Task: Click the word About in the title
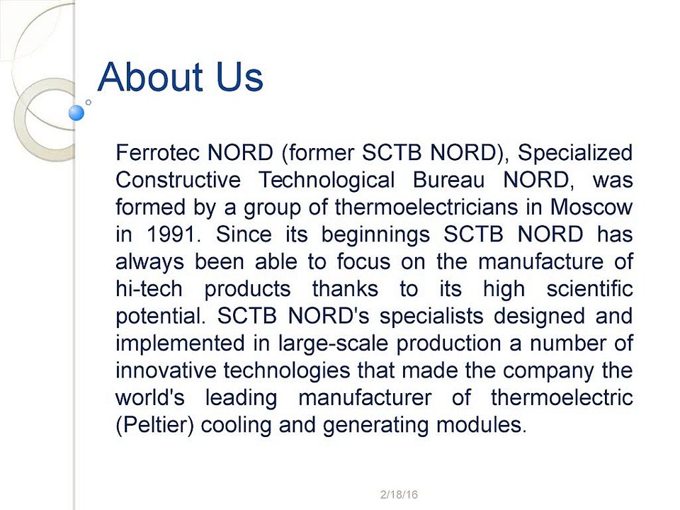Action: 150,76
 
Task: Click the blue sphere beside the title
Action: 76,113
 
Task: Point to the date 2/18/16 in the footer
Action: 399,494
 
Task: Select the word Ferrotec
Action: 157,152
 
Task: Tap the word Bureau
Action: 448,179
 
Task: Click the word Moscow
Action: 591,207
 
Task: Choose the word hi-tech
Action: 149,288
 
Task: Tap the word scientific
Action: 589,288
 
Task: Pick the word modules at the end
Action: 481,424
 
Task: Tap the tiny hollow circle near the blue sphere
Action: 88,102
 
